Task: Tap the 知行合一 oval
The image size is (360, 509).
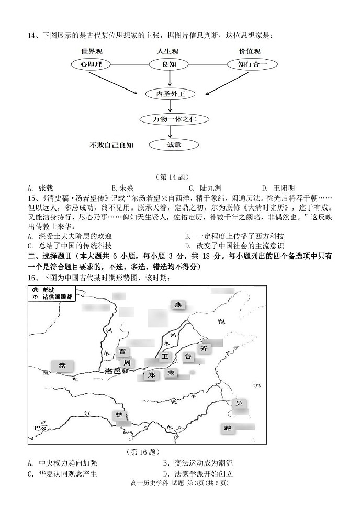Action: [252, 64]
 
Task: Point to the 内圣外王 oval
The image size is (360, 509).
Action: [171, 94]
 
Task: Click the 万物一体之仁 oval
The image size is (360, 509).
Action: [171, 119]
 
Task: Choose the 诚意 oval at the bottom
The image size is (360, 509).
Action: [171, 145]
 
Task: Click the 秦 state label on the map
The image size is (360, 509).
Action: [62, 366]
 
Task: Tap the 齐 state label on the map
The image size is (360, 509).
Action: [204, 347]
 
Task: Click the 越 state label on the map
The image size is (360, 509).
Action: [227, 428]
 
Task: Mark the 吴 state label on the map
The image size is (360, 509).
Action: [239, 403]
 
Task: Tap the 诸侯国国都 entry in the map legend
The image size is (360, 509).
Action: [51, 296]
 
